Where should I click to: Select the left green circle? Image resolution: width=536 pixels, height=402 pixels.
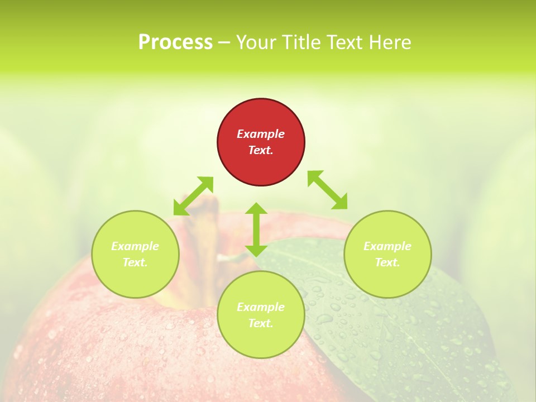coord(135,254)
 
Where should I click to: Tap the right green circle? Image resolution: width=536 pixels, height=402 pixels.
coord(387,254)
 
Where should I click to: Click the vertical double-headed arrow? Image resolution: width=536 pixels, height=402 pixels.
coord(256,229)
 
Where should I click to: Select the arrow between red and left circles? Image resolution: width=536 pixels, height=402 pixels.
coord(193,196)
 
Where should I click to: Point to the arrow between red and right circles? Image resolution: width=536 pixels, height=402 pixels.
coord(327,190)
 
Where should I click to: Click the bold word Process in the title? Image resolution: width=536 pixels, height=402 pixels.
coord(175,42)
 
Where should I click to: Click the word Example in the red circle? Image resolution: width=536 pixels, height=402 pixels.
coord(261,134)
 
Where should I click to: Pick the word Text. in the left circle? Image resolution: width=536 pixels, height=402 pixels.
coord(135,262)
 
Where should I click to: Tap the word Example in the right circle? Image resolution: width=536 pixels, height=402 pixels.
coord(387,246)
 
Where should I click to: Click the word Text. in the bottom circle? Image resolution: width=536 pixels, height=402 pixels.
coord(261,323)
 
